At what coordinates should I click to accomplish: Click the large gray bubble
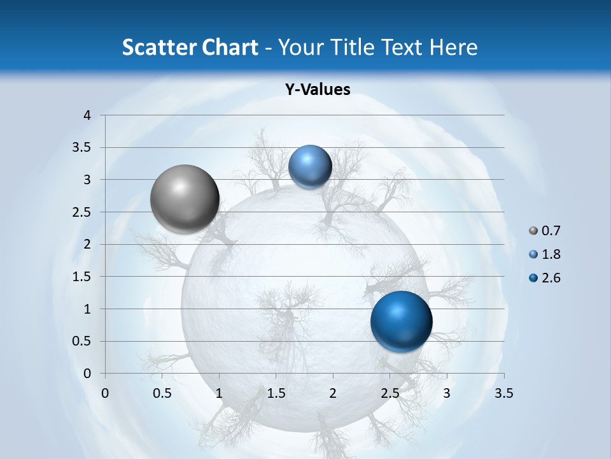point(185,199)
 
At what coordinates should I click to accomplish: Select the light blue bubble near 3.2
point(310,167)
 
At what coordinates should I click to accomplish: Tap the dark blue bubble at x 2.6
point(401,321)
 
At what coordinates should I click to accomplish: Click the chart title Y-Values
point(318,90)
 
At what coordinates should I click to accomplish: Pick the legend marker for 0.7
point(533,231)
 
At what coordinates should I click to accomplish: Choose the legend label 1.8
point(551,254)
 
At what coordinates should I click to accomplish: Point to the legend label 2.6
point(551,278)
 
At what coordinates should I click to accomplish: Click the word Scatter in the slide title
point(157,47)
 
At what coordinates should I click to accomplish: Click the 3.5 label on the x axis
point(504,393)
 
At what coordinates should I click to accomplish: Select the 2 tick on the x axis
point(333,393)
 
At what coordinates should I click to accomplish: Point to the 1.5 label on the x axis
point(276,393)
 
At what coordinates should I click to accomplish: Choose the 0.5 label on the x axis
point(162,393)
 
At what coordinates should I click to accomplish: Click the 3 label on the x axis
point(447,393)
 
